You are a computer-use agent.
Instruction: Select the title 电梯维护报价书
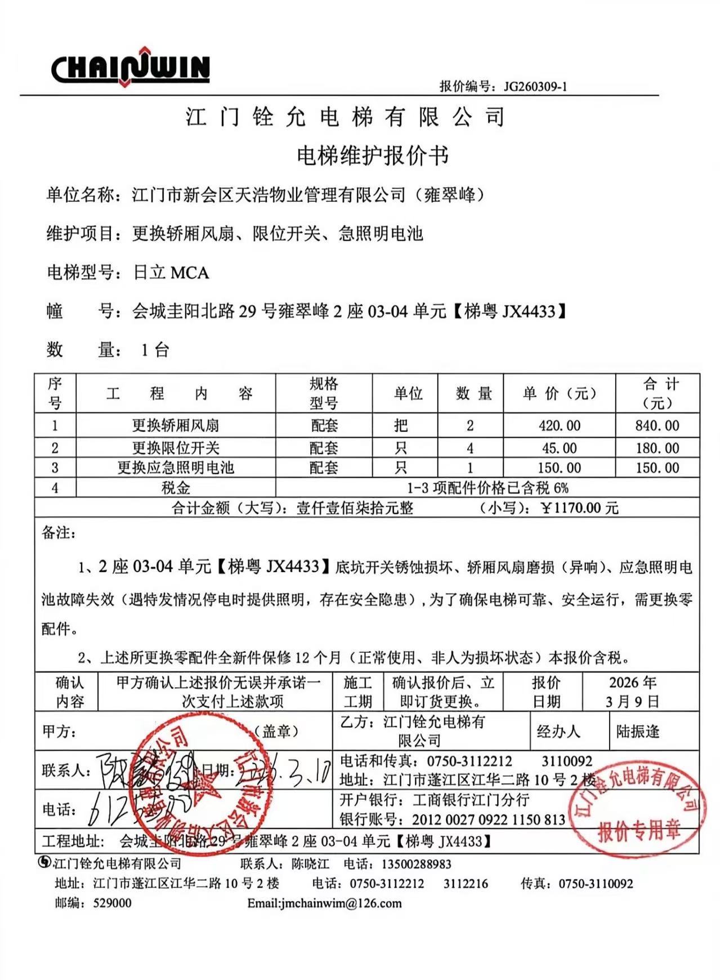372,155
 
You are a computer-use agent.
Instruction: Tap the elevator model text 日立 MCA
171,273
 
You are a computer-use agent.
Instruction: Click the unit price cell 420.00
559,425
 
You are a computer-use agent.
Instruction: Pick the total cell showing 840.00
657,425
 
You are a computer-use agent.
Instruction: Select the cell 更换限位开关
175,448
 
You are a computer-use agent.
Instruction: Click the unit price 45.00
559,448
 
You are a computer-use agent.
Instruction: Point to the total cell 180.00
657,448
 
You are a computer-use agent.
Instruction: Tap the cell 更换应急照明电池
175,467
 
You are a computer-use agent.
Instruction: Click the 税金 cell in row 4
175,488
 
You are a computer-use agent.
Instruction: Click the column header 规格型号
324,394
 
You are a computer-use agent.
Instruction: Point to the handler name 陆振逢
637,732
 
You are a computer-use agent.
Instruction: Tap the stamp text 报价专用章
639,830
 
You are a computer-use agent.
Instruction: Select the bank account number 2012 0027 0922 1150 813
488,819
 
